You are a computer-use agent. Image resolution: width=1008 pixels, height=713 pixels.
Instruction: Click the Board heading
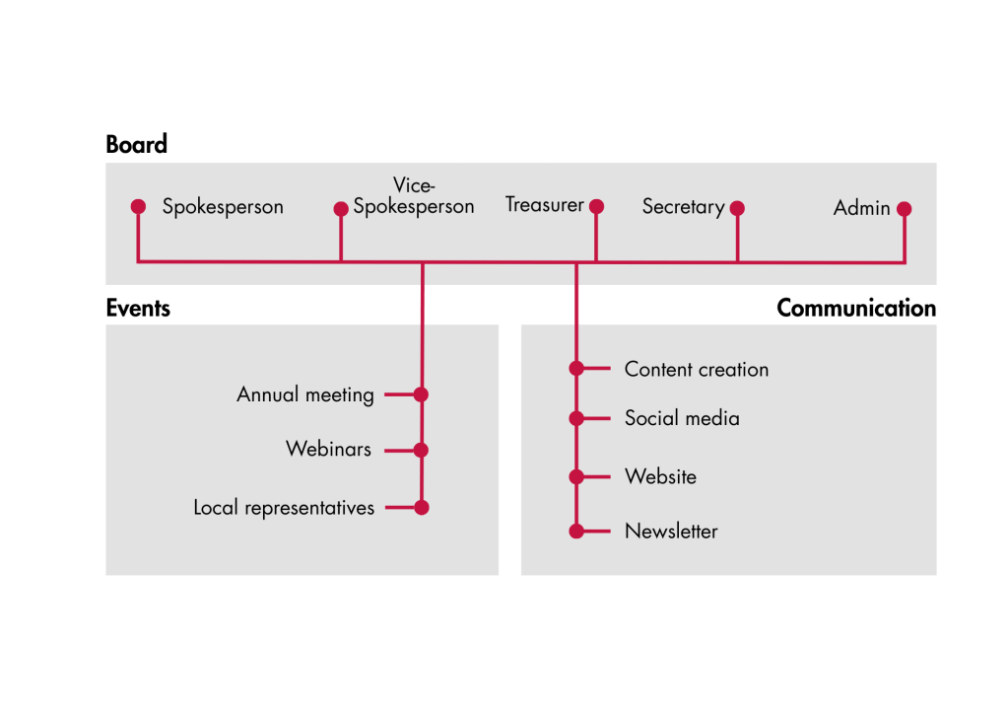click(137, 145)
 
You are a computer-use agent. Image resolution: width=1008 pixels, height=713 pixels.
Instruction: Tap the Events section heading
click(138, 309)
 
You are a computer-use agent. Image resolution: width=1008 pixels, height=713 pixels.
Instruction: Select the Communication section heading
click(855, 309)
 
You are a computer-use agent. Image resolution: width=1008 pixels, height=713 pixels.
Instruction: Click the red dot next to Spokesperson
click(138, 206)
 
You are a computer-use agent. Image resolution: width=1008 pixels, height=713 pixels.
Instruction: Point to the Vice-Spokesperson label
click(414, 196)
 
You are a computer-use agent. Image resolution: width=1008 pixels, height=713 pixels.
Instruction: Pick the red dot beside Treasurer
click(596, 207)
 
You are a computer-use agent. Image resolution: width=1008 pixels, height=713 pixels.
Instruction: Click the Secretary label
click(683, 207)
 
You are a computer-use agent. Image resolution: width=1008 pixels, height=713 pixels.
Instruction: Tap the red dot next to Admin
click(905, 209)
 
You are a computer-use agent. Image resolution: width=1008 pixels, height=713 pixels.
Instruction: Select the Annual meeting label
click(305, 395)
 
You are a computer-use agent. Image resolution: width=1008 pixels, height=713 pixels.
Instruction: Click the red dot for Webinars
click(422, 451)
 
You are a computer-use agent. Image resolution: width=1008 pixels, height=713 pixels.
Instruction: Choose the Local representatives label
click(284, 509)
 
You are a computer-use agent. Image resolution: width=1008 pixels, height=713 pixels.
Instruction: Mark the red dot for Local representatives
click(422, 508)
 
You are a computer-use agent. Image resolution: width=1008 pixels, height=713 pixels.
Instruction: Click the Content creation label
click(697, 370)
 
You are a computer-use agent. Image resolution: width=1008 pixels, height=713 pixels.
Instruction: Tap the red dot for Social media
click(576, 418)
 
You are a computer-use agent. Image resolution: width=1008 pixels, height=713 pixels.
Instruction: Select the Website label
click(660, 477)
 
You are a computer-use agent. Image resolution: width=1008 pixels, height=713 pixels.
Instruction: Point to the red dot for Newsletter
click(576, 532)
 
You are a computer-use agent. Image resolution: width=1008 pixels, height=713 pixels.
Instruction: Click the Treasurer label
click(545, 205)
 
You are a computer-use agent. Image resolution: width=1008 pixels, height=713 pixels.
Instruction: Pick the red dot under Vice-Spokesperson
click(341, 209)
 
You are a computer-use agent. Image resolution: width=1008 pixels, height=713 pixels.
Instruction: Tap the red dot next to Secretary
click(737, 208)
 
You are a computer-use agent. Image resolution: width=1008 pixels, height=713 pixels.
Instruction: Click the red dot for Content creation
click(576, 369)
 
